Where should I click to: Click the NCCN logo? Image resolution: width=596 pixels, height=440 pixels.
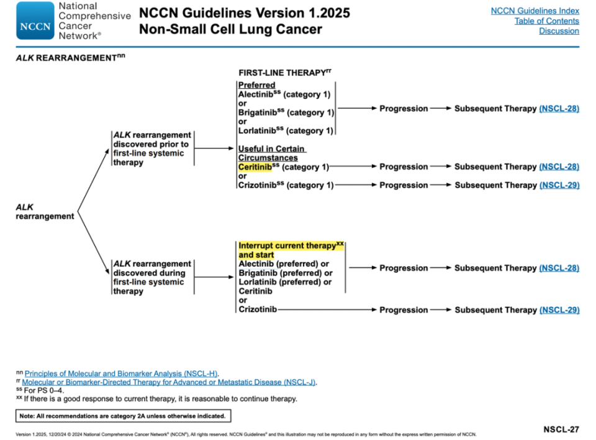(x=35, y=21)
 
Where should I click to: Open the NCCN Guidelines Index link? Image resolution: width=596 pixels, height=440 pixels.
(x=535, y=11)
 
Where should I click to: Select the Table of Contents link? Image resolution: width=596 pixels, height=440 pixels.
(x=546, y=21)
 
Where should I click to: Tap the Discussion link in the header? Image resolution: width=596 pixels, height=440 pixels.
(x=559, y=31)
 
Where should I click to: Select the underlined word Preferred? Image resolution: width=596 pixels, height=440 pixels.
(x=256, y=85)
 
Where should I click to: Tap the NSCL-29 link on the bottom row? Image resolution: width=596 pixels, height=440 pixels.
(x=559, y=310)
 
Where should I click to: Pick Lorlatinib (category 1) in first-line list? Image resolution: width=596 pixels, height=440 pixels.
(x=286, y=131)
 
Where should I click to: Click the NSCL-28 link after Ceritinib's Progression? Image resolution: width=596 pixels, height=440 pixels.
(x=559, y=167)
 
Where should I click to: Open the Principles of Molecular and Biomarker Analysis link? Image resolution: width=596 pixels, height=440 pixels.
(x=121, y=374)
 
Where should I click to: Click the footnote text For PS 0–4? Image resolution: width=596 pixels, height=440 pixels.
(x=43, y=390)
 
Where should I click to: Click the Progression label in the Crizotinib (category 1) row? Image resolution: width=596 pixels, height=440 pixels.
(x=404, y=185)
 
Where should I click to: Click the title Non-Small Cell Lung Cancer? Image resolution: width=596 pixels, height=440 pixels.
(x=230, y=29)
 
